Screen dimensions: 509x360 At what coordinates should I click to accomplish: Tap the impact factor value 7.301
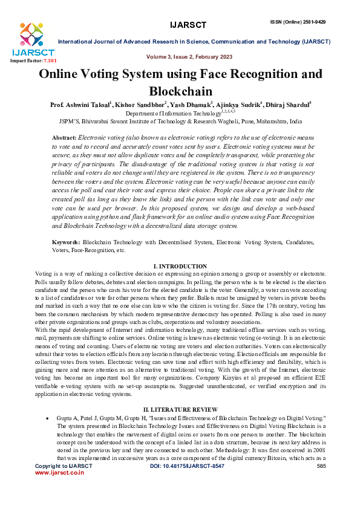point(48,61)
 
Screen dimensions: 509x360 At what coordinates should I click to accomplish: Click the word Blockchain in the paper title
point(180,92)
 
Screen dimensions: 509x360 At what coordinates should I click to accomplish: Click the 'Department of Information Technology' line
point(180,113)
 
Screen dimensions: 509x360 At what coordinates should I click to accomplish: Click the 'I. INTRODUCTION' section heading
point(180,267)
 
